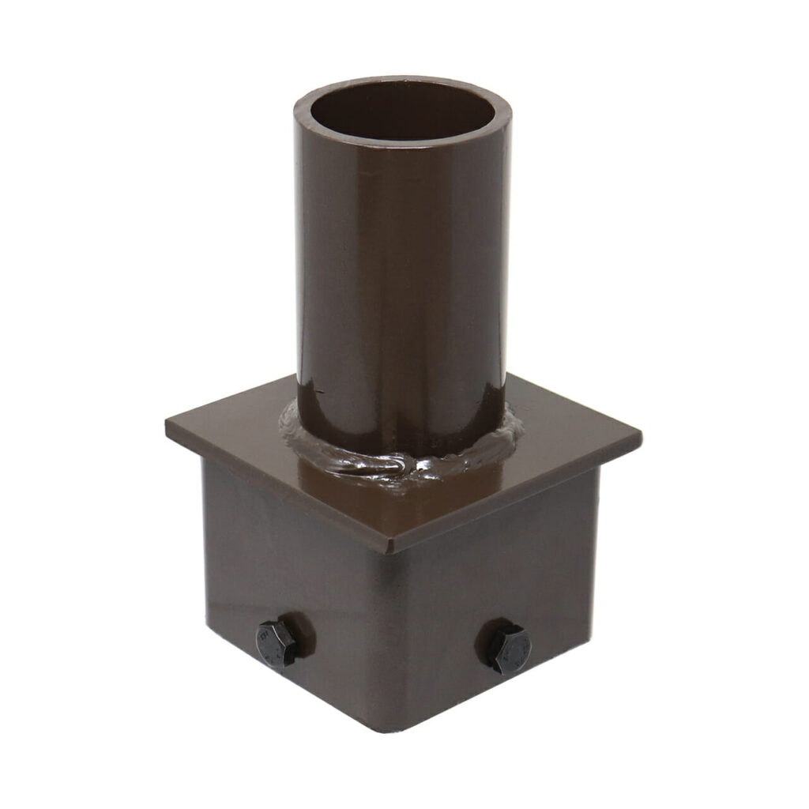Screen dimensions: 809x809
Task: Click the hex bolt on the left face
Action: pos(277,644)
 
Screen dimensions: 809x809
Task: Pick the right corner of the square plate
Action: pos(639,434)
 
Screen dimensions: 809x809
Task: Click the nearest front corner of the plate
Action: pos(390,548)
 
